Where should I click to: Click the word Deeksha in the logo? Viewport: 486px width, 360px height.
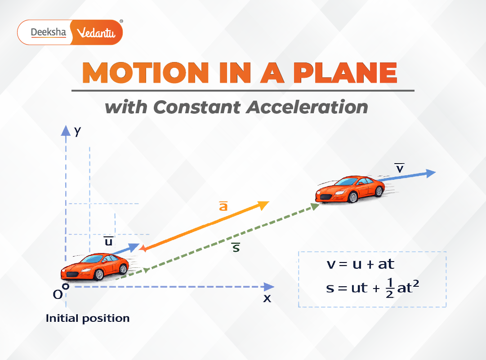(48, 32)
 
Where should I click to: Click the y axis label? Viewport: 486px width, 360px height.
(78, 131)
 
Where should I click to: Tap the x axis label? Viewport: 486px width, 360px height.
(267, 298)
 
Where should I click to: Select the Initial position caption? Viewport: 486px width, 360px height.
(88, 319)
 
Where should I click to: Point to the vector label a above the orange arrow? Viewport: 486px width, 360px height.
(223, 206)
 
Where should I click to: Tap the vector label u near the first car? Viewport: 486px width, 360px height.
(108, 241)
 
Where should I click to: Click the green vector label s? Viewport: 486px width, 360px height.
(236, 247)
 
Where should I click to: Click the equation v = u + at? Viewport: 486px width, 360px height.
(360, 263)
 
